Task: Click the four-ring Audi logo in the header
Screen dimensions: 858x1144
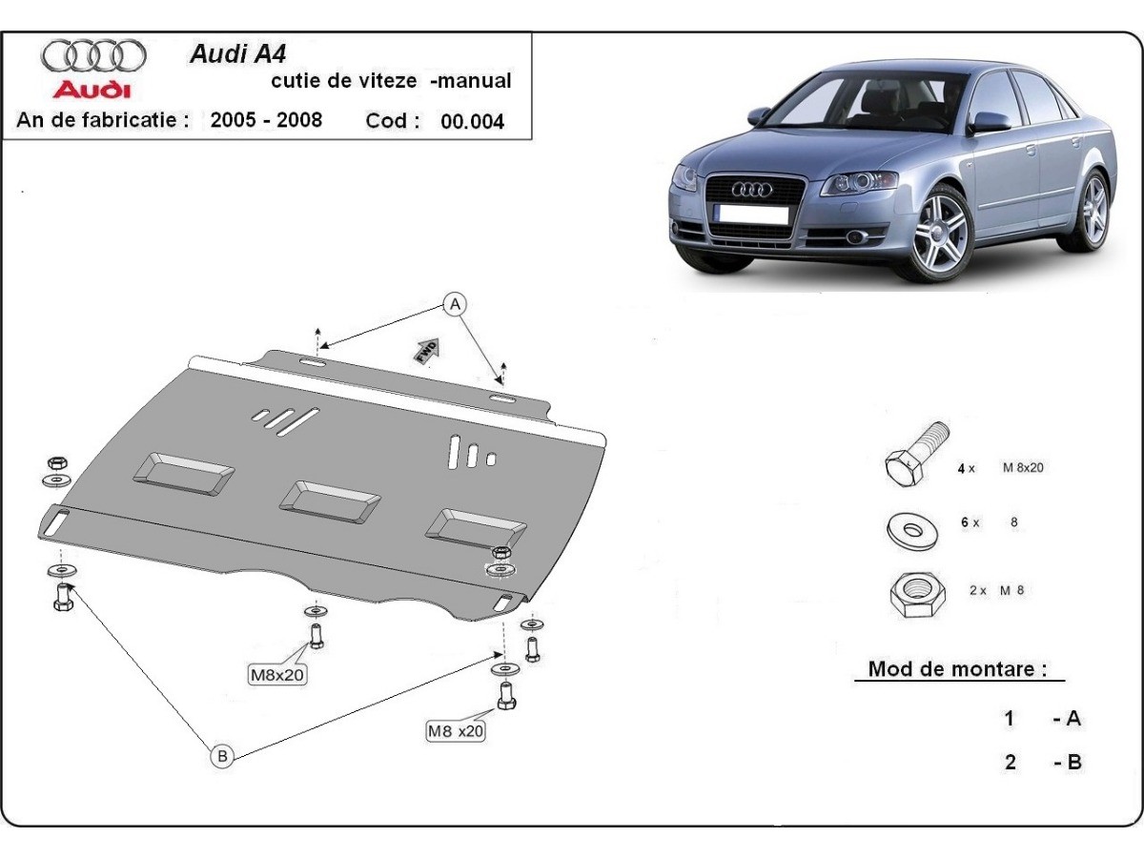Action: (93, 56)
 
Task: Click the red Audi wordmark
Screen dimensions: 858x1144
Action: (92, 90)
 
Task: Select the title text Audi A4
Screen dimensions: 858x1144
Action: (232, 53)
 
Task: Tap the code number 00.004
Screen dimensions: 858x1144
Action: (472, 122)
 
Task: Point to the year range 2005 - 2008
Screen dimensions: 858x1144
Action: (266, 120)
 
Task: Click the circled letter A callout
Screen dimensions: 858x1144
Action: (456, 304)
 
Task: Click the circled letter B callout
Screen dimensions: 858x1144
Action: (221, 756)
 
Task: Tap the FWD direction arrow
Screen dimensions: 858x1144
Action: (426, 350)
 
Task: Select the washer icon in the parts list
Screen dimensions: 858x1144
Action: (913, 529)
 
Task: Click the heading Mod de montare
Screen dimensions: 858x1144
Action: (951, 669)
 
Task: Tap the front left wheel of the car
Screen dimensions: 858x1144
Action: (940, 233)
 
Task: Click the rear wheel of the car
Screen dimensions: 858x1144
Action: (1093, 210)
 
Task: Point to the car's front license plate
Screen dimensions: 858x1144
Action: (754, 215)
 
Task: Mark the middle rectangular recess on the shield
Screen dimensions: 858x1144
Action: (329, 500)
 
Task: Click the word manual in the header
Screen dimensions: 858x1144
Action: (473, 81)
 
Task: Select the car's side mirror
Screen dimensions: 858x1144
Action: (989, 122)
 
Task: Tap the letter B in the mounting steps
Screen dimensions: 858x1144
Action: (1072, 763)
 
